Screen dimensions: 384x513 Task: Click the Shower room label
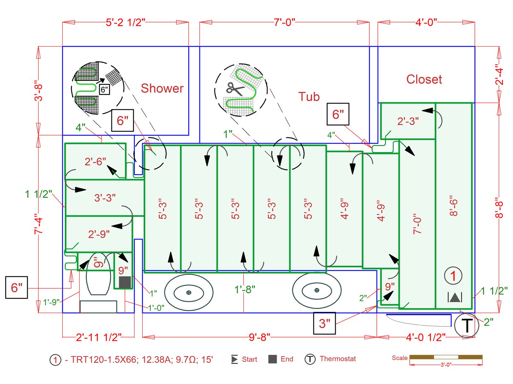tap(162, 88)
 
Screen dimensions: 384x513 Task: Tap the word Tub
tap(309, 97)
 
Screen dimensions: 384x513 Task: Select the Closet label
tap(424, 79)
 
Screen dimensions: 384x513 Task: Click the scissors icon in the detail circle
tap(235, 89)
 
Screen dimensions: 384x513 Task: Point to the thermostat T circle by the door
tap(466, 325)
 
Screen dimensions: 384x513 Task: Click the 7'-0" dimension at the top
tap(284, 22)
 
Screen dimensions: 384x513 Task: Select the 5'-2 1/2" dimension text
tap(125, 22)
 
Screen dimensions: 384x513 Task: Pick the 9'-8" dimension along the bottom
tap(259, 337)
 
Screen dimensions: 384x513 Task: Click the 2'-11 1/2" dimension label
tap(99, 337)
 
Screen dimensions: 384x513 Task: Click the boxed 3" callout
tap(324, 324)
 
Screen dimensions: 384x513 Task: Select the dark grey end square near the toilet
tap(125, 282)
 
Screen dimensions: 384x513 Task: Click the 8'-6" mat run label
tap(454, 205)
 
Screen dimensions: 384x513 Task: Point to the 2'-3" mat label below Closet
tap(408, 121)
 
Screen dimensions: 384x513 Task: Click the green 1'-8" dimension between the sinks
tap(245, 290)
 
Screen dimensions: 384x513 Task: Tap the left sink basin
tap(189, 292)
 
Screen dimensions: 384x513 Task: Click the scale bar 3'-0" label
tap(446, 365)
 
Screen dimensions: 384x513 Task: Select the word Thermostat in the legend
tap(337, 359)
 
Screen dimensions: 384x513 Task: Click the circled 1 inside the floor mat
tap(453, 276)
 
